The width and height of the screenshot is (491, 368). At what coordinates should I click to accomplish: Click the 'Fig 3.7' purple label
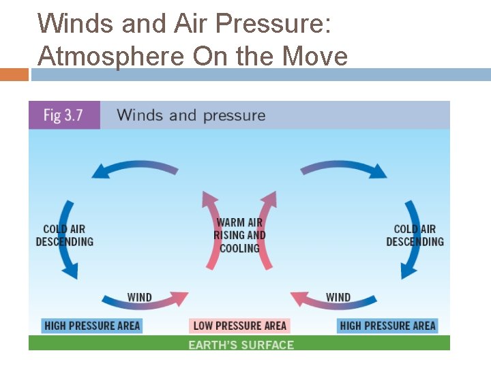tap(63, 114)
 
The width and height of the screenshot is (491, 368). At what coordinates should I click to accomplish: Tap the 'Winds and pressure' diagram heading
tap(191, 114)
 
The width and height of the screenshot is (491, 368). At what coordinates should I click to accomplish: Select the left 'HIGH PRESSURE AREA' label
tap(92, 326)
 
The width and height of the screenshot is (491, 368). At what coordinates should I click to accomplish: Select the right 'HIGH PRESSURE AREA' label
tap(387, 326)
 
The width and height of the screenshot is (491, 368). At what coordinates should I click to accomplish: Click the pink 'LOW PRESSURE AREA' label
tap(239, 326)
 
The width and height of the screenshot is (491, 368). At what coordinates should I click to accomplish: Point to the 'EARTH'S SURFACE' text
tap(241, 344)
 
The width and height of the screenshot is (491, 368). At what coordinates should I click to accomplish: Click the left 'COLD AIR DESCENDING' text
tap(64, 235)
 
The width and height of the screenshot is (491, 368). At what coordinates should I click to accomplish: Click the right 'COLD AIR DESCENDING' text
tap(415, 235)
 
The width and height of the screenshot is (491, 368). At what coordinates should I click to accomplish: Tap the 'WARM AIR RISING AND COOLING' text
tap(239, 235)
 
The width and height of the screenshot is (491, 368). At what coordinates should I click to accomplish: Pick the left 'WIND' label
tap(140, 297)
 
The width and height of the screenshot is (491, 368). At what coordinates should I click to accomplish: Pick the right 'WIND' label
tap(338, 297)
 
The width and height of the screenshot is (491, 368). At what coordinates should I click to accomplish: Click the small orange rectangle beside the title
tap(14, 74)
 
